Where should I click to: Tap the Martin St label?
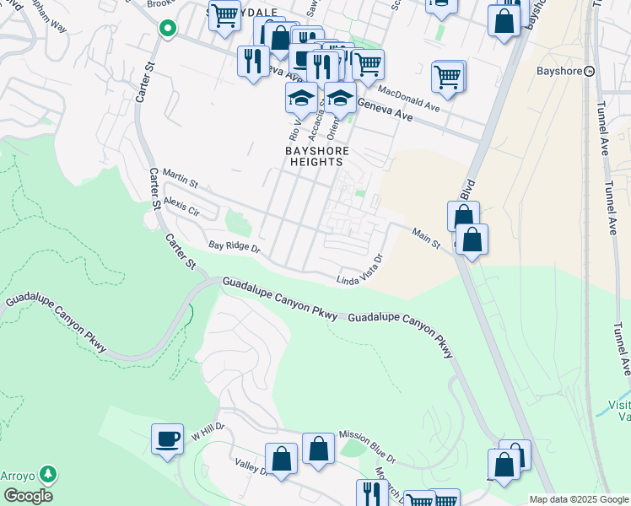point(180,180)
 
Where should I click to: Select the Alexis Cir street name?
point(181,205)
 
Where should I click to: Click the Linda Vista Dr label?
point(360,270)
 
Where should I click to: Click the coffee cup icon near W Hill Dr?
point(167,439)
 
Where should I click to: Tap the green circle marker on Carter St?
point(168,29)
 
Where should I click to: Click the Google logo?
point(28,496)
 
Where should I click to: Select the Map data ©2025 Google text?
point(579,499)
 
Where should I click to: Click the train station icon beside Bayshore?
point(590,71)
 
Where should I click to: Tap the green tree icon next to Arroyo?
point(50,474)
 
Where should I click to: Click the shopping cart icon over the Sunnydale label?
point(224,14)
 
